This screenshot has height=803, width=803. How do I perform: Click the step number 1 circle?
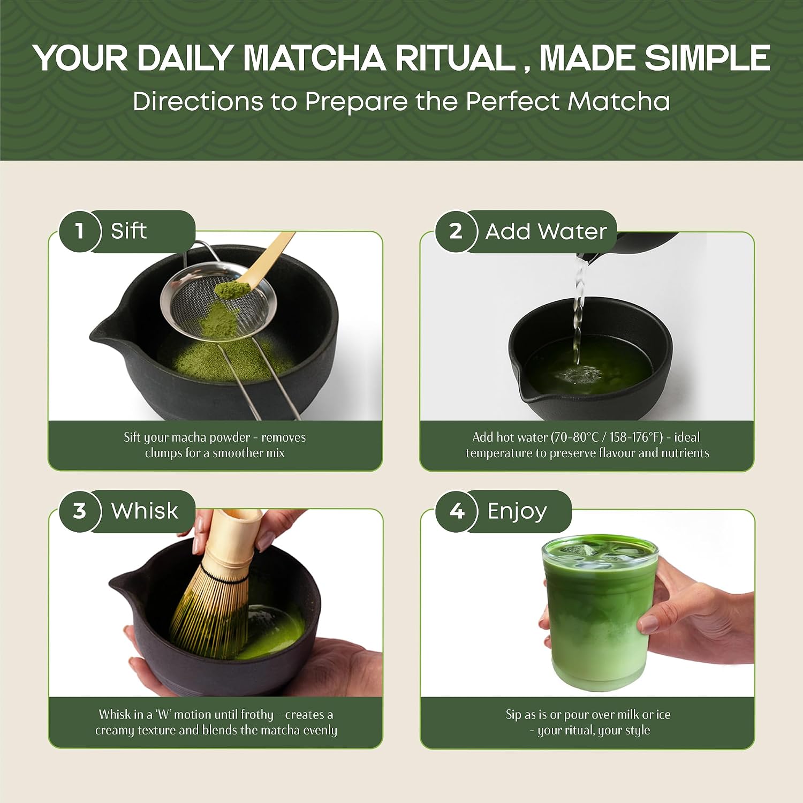tap(80, 231)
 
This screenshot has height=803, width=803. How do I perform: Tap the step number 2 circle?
tap(456, 231)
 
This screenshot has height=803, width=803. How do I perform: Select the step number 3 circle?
tap(80, 511)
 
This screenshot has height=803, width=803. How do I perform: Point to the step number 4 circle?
tap(457, 511)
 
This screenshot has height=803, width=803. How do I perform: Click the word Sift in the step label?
tap(128, 231)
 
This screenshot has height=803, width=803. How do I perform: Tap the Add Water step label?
tap(546, 232)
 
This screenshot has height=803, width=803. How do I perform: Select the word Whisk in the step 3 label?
tap(145, 511)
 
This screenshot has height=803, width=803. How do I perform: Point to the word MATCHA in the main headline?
tap(314, 58)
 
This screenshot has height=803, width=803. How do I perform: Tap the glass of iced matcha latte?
tap(600, 613)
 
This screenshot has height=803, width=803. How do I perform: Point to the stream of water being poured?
tap(578, 310)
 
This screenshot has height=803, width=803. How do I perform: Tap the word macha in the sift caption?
tap(190, 437)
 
